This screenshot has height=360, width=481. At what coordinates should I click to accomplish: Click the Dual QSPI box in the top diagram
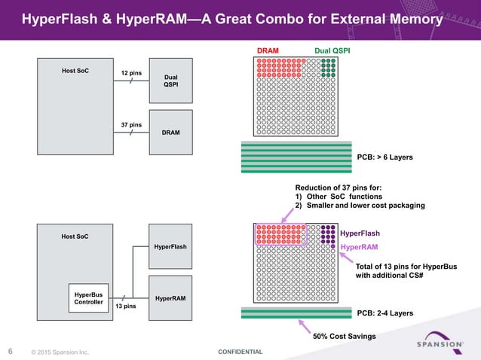pos(171,80)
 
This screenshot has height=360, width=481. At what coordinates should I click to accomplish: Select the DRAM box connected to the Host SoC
pos(171,131)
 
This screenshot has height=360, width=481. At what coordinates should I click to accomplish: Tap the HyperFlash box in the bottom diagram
pos(171,246)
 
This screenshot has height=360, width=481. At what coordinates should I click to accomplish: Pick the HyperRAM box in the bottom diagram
pos(171,298)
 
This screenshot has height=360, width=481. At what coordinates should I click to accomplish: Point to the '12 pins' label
pos(132,73)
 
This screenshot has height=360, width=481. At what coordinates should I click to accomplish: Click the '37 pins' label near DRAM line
pos(132,124)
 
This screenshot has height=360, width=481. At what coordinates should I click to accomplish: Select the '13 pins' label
pos(124,307)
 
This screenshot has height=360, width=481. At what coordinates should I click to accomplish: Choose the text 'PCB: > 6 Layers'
pos(384,157)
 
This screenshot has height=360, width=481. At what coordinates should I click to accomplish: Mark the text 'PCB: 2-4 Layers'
pos(384,313)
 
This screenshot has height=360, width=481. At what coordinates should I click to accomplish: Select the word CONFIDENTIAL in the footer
pos(240,352)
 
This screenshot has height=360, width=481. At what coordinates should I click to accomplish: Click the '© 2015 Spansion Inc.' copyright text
pos(60,352)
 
